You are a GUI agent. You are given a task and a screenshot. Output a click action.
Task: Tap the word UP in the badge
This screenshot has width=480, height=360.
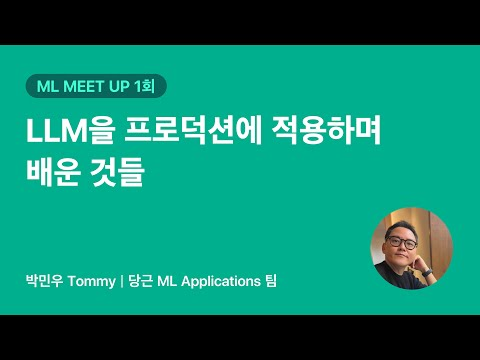point(130,88)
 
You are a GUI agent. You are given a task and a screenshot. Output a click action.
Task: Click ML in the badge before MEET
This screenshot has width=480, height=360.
point(46,88)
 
